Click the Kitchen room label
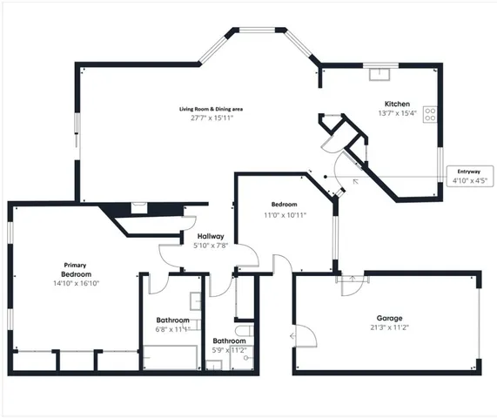[396, 104]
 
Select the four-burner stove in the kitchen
[430, 114]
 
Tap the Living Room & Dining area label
[211, 108]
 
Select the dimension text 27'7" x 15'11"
[211, 118]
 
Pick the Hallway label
[211, 236]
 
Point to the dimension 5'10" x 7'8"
[211, 246]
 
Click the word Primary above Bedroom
[77, 265]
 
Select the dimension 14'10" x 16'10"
[77, 283]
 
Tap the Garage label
[388, 318]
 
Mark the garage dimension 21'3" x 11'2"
[388, 328]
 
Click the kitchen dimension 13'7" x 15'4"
[397, 113]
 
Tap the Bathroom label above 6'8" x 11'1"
[172, 320]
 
